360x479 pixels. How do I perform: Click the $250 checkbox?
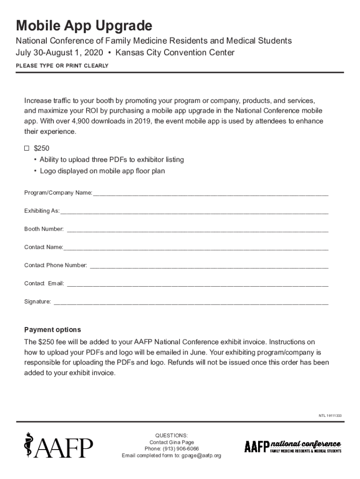coord(27,148)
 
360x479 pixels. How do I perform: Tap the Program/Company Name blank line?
coord(210,193)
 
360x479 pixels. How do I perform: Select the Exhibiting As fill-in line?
coord(194,211)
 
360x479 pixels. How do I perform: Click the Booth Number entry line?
coord(197,229)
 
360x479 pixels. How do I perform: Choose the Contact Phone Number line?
coord(209,266)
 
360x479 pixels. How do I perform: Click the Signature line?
coord(191,302)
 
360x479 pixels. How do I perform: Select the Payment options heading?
coord(52,330)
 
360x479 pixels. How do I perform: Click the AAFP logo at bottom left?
coord(58,447)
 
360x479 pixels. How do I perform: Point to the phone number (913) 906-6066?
coord(181,449)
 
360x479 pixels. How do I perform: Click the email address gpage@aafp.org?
coord(202,455)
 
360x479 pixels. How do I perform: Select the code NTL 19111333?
coord(330,416)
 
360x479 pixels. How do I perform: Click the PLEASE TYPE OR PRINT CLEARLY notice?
coord(62,66)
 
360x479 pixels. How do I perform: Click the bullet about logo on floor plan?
coord(102,171)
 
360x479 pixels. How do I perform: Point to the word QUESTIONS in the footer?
coord(172,435)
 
